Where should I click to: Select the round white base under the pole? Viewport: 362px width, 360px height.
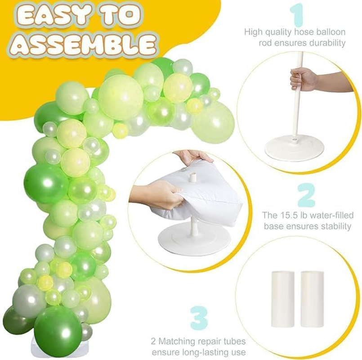[294, 148]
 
